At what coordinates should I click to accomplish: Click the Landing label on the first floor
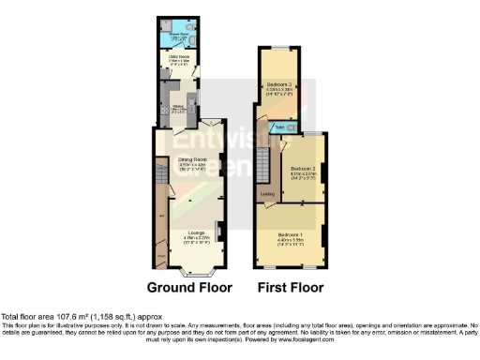click(267, 194)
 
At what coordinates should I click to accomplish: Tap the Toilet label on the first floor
click(280, 126)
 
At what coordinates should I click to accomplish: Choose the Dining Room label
click(191, 161)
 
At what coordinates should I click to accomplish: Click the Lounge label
click(196, 232)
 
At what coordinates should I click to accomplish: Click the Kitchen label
click(177, 106)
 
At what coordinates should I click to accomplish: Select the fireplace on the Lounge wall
click(218, 230)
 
